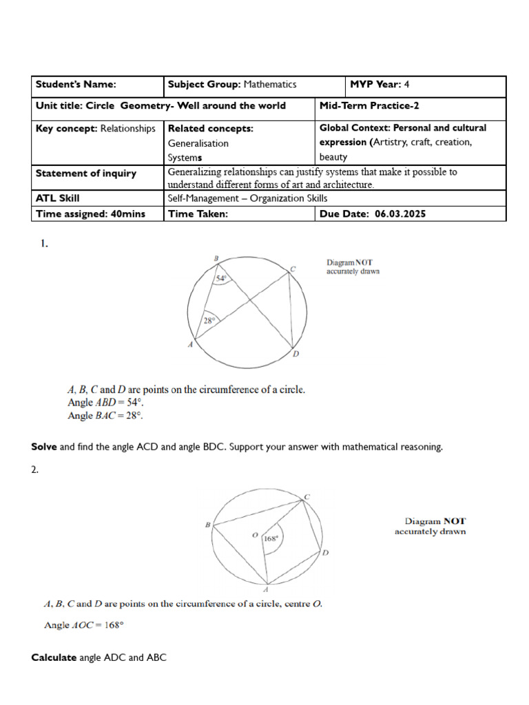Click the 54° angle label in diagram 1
220,279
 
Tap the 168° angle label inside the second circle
272,539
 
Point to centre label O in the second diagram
254,534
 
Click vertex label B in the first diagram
216,258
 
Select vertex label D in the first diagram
295,354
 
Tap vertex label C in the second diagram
307,496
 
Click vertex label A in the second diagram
266,589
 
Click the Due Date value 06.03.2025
400,213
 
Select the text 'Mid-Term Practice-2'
359,106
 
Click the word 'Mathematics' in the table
269,85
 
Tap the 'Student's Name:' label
76,85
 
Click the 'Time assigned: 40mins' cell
90,213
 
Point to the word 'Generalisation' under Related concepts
198,143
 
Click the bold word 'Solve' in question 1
44,447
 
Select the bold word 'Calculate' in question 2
54,657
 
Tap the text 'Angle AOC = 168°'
83,625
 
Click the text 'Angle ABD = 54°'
106,402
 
